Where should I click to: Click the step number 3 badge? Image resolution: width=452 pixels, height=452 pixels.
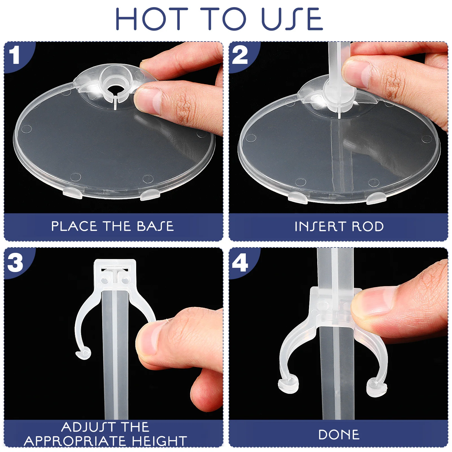(x=15, y=262)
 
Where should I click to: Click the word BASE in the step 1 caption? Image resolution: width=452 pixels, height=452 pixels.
(x=155, y=226)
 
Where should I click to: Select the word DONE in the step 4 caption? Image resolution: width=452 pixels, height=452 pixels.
(x=339, y=435)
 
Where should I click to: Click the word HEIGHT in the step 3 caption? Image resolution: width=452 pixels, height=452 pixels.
(x=159, y=441)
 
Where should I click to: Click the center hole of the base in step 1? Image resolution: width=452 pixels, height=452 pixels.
(x=115, y=88)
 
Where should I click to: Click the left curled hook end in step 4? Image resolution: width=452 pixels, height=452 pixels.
(x=288, y=384)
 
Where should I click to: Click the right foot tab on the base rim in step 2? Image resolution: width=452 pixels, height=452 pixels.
(x=376, y=198)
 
